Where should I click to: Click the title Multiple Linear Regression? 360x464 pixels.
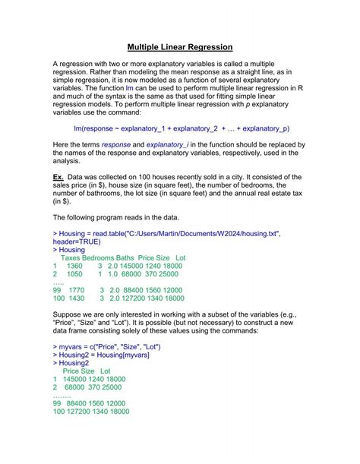(x=179, y=47)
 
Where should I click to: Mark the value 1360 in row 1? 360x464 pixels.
(x=75, y=267)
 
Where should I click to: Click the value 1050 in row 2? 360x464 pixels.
(x=75, y=274)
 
